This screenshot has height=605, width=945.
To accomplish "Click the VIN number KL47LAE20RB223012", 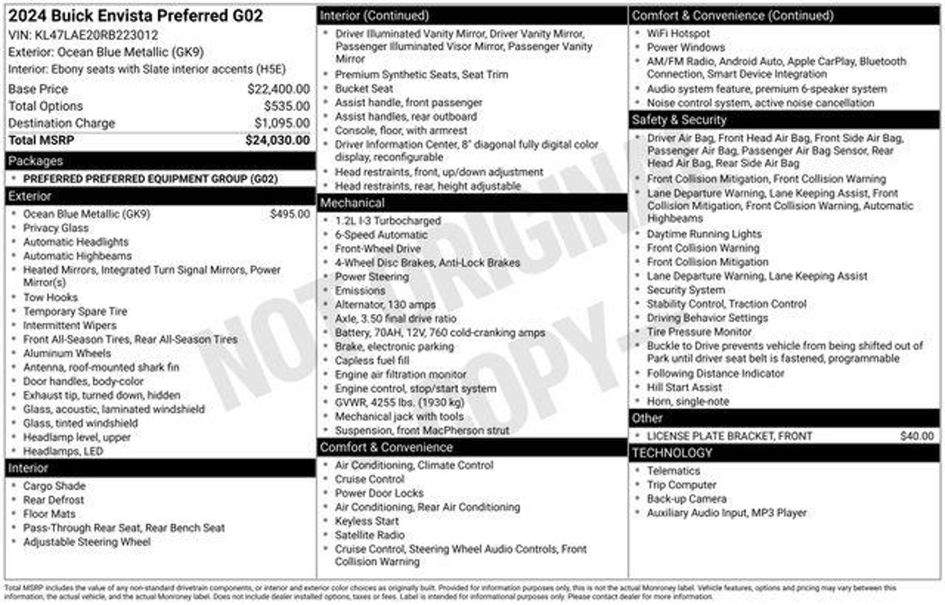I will [96, 35].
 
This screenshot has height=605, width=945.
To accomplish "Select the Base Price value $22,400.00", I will [278, 89].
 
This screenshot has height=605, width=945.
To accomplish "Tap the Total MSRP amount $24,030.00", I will [277, 140].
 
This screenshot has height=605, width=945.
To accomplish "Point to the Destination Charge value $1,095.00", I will [282, 123].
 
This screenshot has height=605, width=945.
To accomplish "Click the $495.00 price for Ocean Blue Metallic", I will [290, 214].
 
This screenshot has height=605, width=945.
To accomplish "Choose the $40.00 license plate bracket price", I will [916, 436].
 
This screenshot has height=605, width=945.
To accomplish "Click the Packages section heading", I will [36, 161].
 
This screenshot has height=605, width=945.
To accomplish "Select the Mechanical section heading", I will [352, 203].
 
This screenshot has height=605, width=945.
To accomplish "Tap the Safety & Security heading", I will [679, 120].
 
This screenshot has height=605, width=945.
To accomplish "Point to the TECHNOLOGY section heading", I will [672, 453].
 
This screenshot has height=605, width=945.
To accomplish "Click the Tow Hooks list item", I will [50, 297].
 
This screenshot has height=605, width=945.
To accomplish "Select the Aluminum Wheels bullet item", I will [67, 353].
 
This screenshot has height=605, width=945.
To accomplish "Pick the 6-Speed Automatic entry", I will [381, 235].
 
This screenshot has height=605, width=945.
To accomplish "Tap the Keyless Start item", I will [366, 521].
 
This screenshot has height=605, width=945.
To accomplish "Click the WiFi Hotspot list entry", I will [678, 33].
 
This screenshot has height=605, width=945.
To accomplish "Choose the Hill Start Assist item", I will [684, 387].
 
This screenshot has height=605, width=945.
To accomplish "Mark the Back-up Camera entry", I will [686, 499].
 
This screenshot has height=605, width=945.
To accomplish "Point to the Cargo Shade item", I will [54, 486].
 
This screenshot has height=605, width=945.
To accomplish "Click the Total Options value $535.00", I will [287, 106].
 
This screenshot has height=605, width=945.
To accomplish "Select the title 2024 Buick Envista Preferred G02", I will [136, 16].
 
